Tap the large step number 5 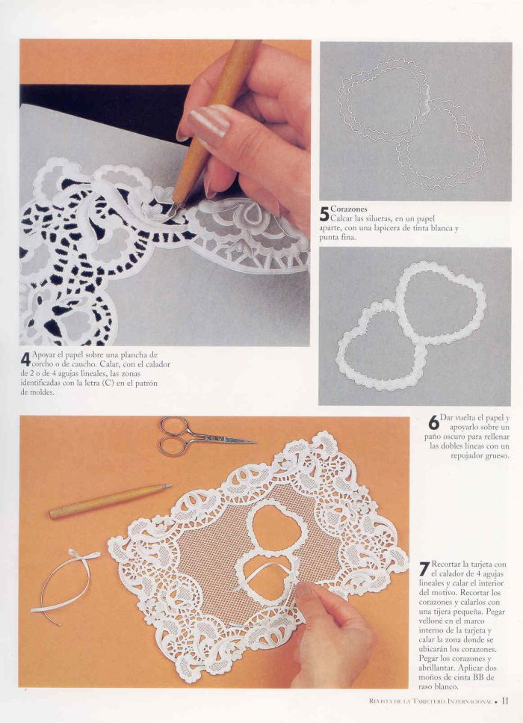pyautogui.click(x=324, y=214)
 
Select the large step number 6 pyautogui.click(x=433, y=423)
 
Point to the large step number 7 pyautogui.click(x=424, y=569)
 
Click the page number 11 pyautogui.click(x=504, y=701)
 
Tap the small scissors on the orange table pyautogui.click(x=202, y=436)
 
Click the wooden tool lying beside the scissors pyautogui.click(x=110, y=501)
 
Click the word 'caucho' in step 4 pyautogui.click(x=84, y=364)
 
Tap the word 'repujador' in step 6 pyautogui.click(x=468, y=456)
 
